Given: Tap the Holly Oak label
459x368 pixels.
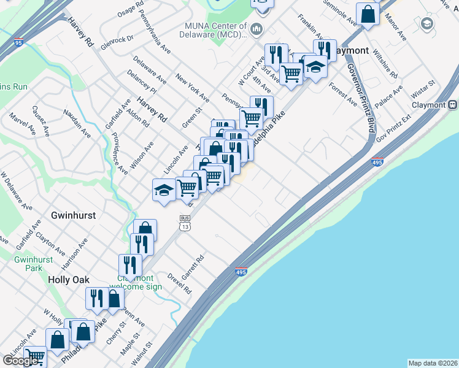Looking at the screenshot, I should click(x=69, y=279).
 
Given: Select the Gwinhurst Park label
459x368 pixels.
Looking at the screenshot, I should click(x=28, y=263).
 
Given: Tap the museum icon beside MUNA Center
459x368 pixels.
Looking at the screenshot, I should click(x=256, y=29).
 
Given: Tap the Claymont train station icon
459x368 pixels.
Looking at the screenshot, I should click(x=452, y=105).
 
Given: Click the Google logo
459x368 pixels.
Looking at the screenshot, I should click(x=21, y=361).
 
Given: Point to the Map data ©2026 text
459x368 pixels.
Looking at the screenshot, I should click(x=432, y=363).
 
